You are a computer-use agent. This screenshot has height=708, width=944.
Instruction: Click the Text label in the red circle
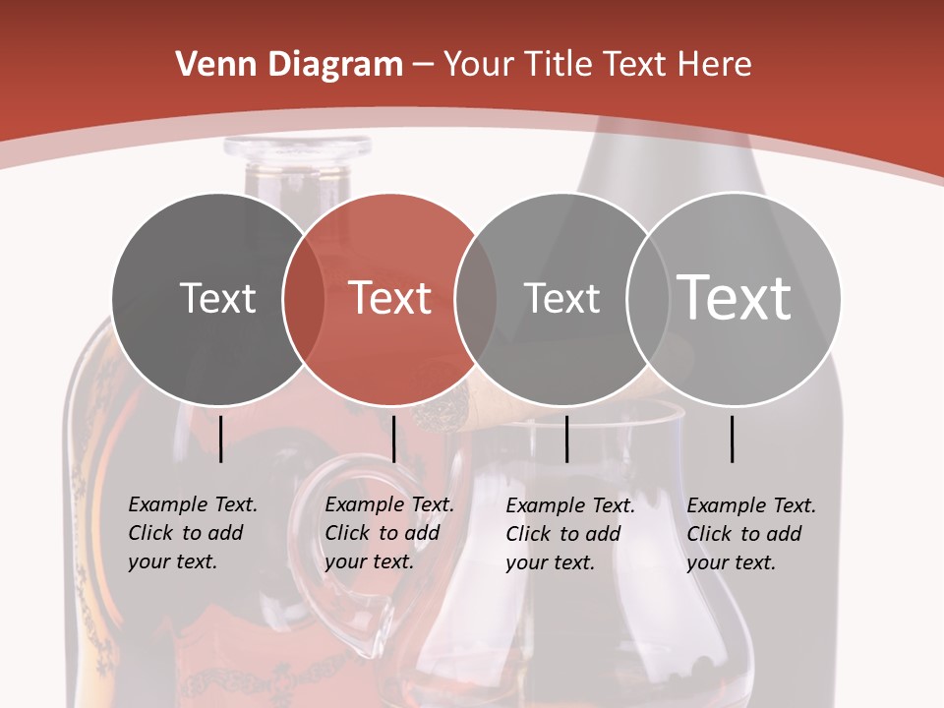[389, 298]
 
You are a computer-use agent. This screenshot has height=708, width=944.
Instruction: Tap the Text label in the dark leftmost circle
[218, 298]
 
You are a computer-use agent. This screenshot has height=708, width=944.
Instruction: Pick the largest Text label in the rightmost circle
[735, 297]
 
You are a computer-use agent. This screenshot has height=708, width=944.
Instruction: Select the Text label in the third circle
[561, 298]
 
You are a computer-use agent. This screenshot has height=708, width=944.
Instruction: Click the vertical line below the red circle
[393, 439]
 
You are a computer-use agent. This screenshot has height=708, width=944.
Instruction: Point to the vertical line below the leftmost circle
[221, 439]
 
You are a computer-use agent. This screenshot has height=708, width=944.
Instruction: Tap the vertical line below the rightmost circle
[733, 439]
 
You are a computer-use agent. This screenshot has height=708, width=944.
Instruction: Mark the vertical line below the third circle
[567, 439]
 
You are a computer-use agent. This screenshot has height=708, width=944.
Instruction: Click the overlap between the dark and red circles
[304, 298]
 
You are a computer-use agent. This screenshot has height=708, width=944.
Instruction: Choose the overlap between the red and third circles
[476, 298]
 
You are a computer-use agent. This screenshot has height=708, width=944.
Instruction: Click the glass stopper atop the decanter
[297, 149]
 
